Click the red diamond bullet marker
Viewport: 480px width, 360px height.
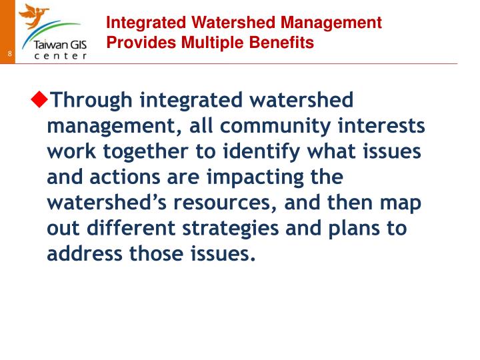pos(39,99)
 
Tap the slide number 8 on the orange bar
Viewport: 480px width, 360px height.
pos(10,53)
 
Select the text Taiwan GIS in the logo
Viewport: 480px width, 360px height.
pos(60,45)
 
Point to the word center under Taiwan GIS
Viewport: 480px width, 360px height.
pos(61,56)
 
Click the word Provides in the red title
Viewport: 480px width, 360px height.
pos(141,42)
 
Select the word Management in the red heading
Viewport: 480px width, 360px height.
pos(331,23)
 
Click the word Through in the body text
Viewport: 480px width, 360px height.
pos(91,101)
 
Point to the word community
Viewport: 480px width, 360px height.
pos(275,126)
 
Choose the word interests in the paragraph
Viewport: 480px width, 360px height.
pos(381,125)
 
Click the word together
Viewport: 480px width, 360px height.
pos(145,152)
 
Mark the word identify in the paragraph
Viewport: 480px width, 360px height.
pos(261,152)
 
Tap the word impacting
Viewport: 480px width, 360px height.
pos(255,177)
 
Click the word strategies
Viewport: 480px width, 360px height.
pos(231,229)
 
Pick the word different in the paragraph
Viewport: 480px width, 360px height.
pos(131,228)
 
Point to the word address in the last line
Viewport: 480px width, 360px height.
pos(85,253)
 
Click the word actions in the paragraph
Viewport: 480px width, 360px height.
pos(125,177)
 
